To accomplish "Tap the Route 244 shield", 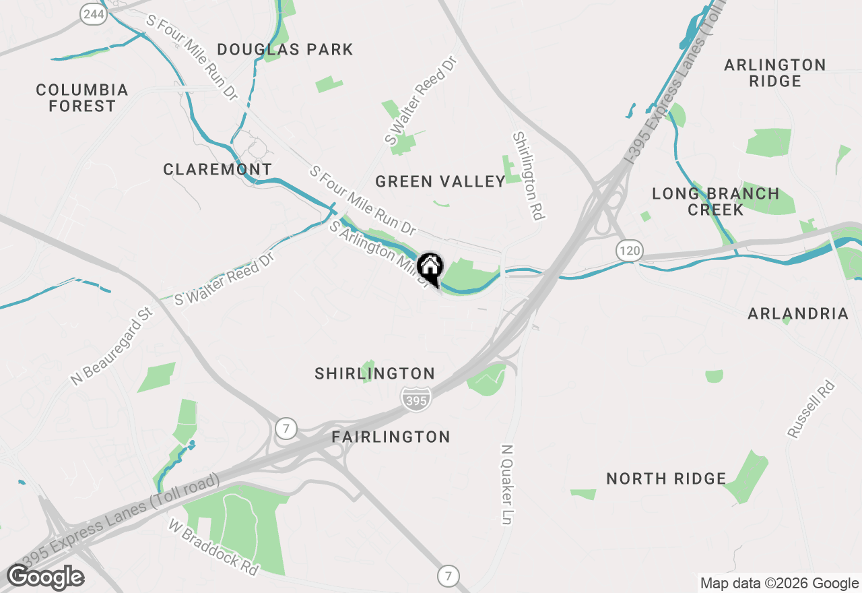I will pyautogui.click(x=94, y=15).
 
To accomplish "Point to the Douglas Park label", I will pyautogui.click(x=286, y=49).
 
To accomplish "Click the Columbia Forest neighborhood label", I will pyautogui.click(x=82, y=98).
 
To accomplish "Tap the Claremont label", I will pyautogui.click(x=218, y=169).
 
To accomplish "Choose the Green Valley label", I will pyautogui.click(x=440, y=181).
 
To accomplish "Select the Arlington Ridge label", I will pyautogui.click(x=775, y=73).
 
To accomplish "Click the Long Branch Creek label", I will pyautogui.click(x=715, y=201).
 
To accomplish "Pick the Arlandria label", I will pyautogui.click(x=798, y=313).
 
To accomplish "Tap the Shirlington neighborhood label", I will pyautogui.click(x=375, y=373).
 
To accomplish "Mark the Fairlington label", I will pyautogui.click(x=391, y=437).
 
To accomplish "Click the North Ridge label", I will pyautogui.click(x=666, y=478).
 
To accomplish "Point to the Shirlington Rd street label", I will pyautogui.click(x=528, y=176).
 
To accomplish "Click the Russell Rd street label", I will pyautogui.click(x=811, y=410).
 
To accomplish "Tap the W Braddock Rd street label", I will pyautogui.click(x=213, y=547).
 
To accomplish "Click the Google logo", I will pyautogui.click(x=46, y=578).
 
